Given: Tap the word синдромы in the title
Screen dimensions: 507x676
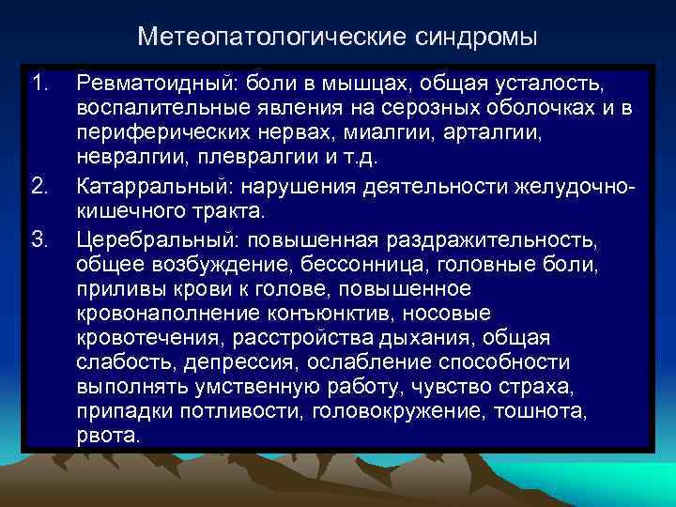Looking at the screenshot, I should [x=474, y=37].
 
